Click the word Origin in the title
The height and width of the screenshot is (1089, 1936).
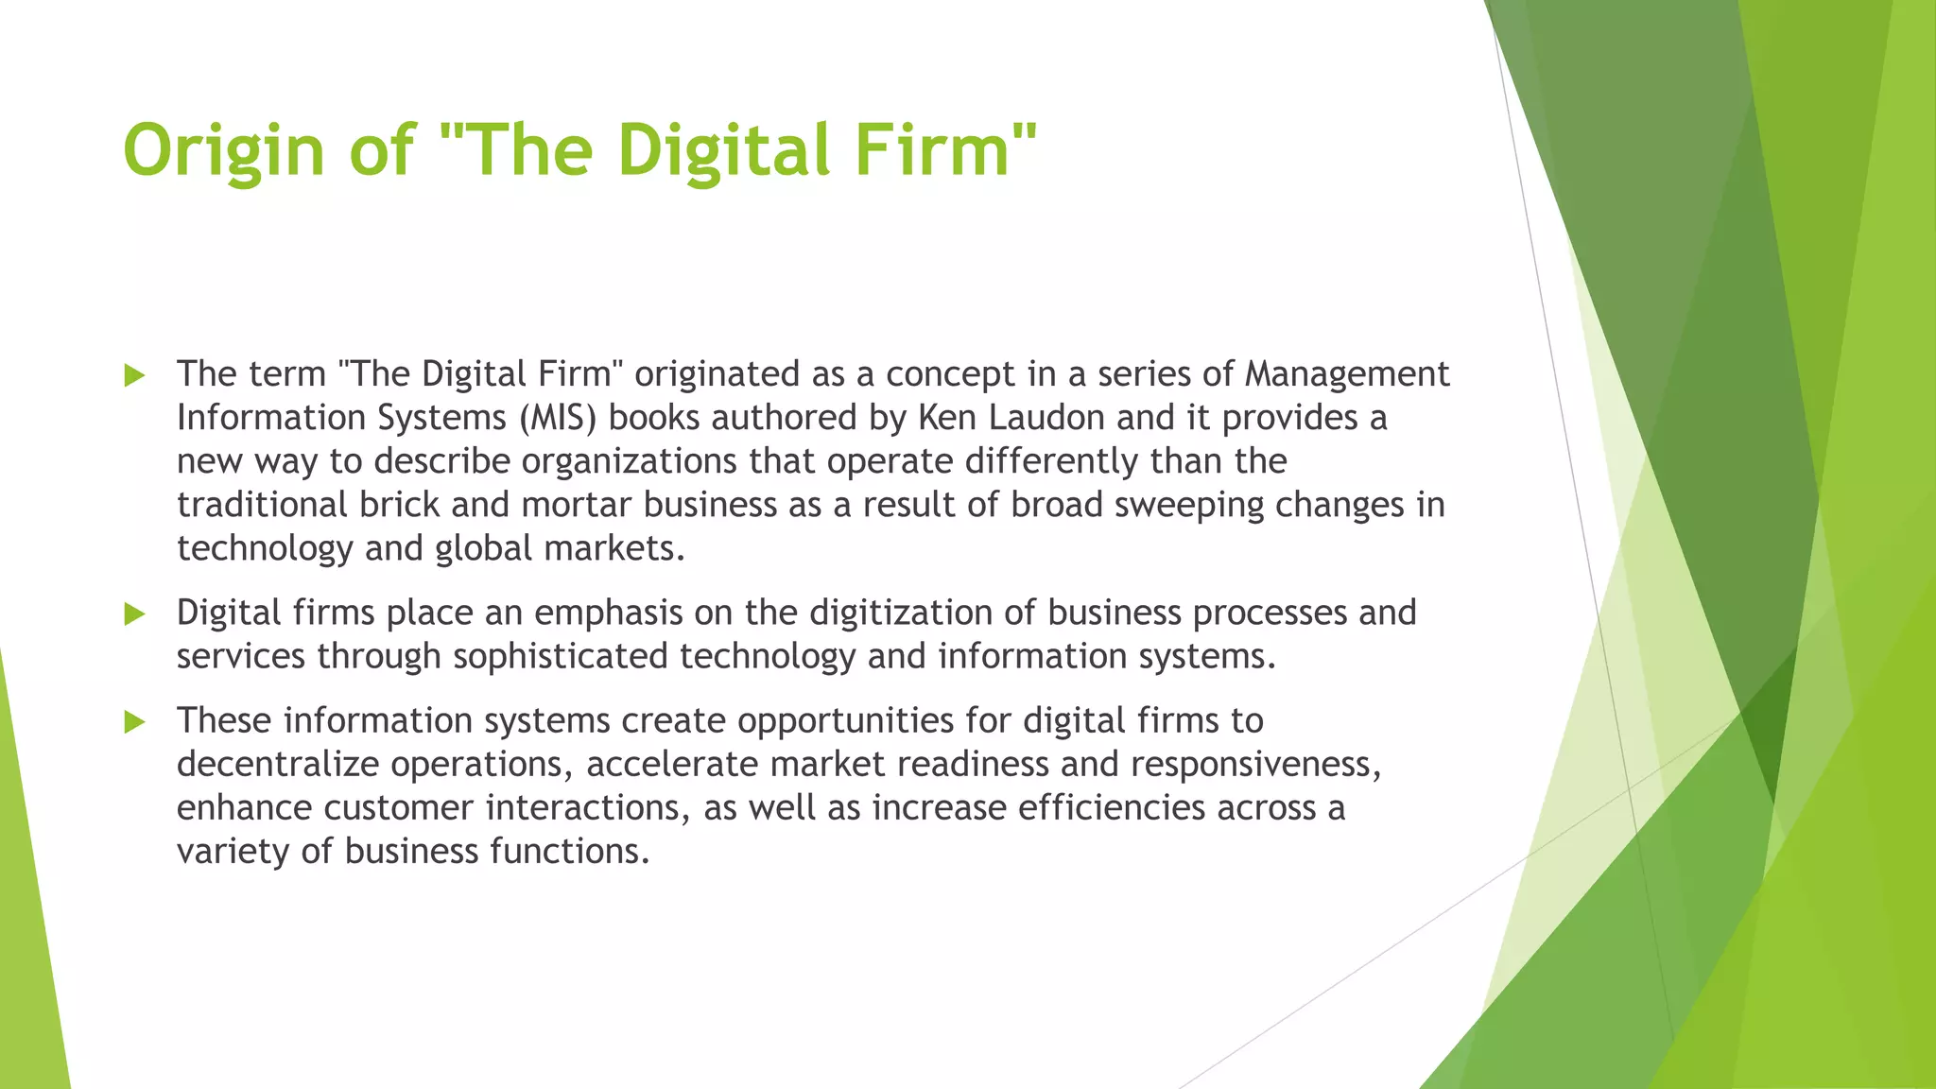(x=224, y=151)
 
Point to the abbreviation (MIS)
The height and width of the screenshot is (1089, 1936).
(x=558, y=418)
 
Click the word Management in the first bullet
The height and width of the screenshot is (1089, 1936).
(x=1346, y=374)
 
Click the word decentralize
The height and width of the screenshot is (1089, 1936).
(x=278, y=764)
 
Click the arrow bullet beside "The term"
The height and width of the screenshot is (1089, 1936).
(x=135, y=375)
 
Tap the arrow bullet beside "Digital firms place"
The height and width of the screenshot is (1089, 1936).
(x=135, y=614)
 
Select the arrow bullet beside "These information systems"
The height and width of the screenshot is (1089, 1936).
(x=135, y=722)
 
